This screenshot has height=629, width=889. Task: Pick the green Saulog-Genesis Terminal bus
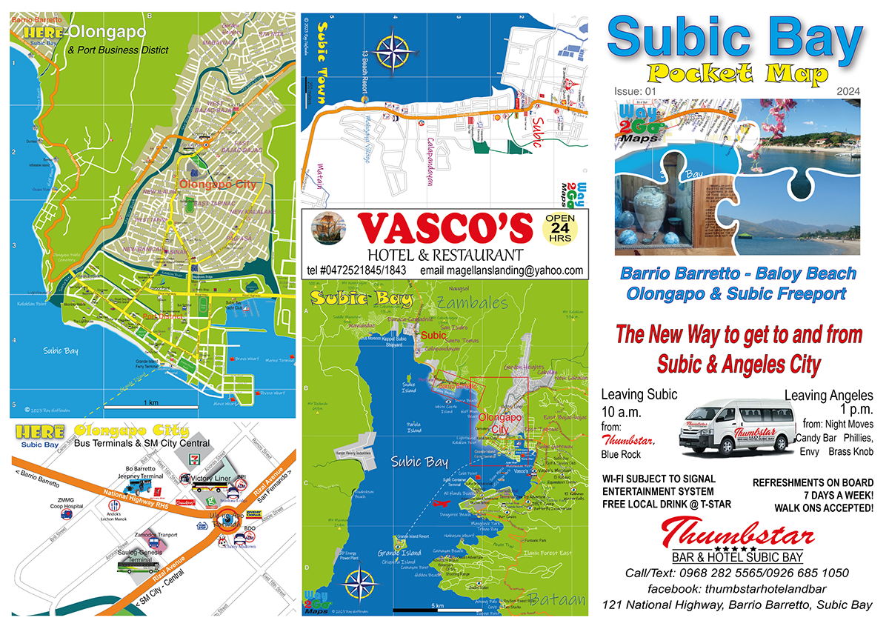(x=138, y=567)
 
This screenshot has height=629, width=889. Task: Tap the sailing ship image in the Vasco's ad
(x=326, y=227)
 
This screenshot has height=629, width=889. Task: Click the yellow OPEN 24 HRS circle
(x=565, y=230)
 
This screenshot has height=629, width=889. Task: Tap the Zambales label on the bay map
(x=473, y=303)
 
